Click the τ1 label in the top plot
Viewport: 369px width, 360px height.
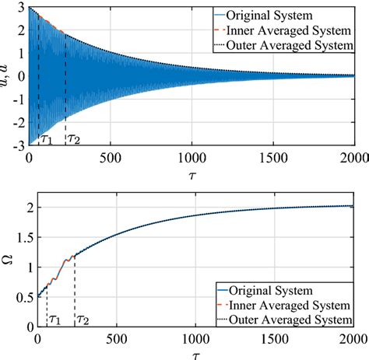point(47,139)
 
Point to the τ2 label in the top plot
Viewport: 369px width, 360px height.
point(73,139)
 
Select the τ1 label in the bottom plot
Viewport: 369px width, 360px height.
point(54,319)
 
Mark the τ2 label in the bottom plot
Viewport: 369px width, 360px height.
point(82,319)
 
